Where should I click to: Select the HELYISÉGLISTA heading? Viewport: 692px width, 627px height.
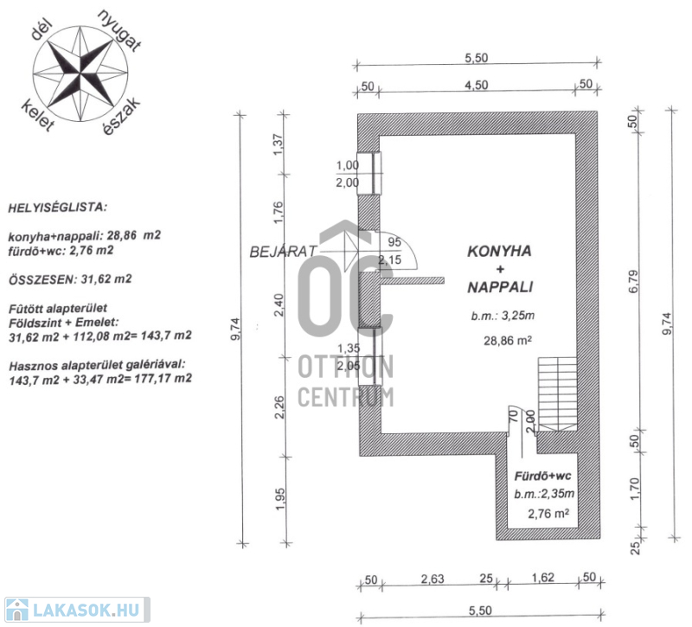click(58, 208)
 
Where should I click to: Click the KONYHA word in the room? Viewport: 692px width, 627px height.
click(499, 252)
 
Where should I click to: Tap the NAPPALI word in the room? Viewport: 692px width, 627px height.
click(499, 285)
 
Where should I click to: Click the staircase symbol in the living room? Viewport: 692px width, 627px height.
click(556, 393)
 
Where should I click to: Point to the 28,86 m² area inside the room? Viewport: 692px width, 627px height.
click(507, 341)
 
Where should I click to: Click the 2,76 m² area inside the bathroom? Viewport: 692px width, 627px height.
click(548, 514)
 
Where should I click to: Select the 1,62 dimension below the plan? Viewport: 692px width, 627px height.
click(543, 579)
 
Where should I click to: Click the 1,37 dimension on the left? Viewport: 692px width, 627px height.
click(279, 144)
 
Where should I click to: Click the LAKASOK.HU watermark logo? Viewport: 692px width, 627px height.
click(75, 611)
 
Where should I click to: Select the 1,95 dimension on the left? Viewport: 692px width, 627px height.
click(279, 500)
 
